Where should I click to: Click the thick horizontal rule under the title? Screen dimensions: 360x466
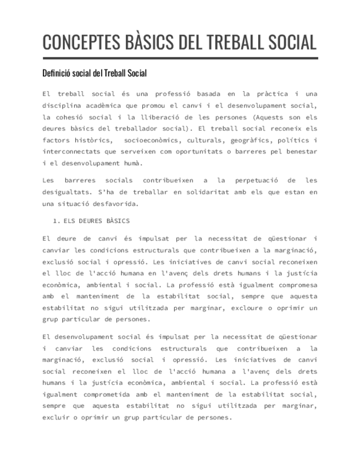180,58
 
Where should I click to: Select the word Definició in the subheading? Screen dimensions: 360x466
58,73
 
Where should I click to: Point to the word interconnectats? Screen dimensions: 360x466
73,152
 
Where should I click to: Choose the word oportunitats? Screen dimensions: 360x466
195,152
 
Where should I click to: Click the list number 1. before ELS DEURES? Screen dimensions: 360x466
56,221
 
